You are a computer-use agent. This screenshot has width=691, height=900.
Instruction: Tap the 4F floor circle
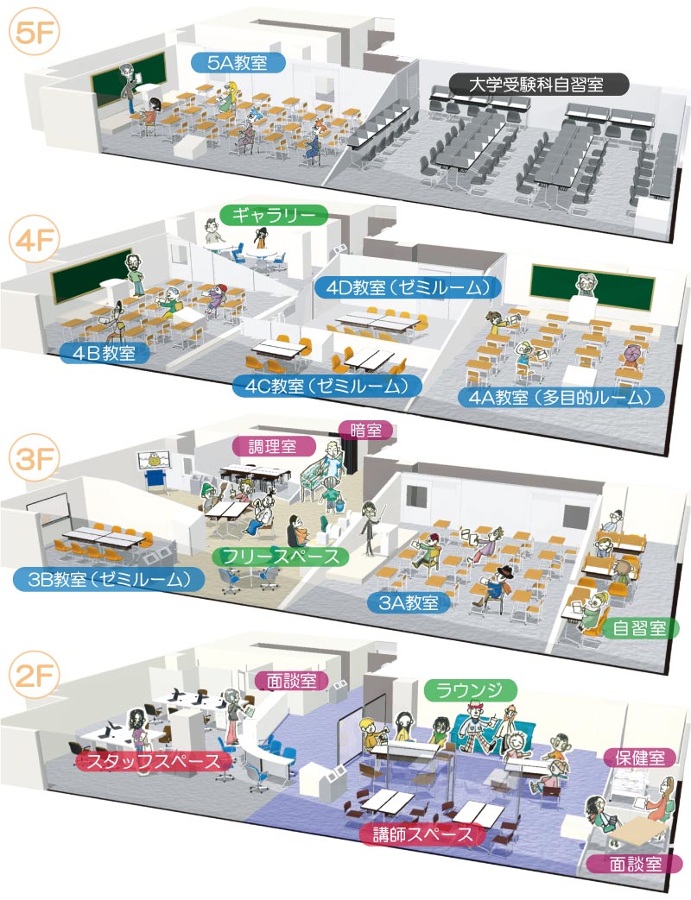(x=35, y=239)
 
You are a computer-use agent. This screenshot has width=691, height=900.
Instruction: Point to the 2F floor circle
(x=35, y=676)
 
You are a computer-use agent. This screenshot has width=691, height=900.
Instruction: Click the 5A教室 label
(x=238, y=62)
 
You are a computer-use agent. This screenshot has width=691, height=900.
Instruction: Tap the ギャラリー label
(x=274, y=215)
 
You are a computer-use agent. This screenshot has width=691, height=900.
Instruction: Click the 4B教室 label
(x=104, y=352)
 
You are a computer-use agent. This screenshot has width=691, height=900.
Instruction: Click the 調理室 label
(x=274, y=445)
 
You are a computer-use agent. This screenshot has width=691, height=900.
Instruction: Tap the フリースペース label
(x=281, y=556)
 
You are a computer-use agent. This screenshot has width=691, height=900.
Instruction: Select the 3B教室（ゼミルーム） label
(x=109, y=579)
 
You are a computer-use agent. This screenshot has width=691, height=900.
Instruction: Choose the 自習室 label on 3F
(x=639, y=628)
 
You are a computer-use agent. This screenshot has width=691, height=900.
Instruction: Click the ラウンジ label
(x=471, y=690)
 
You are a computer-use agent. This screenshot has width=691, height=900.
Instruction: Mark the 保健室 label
(x=640, y=758)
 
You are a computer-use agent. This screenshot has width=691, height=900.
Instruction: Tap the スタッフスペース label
(x=154, y=761)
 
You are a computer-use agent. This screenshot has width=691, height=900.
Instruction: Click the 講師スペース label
(x=422, y=834)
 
